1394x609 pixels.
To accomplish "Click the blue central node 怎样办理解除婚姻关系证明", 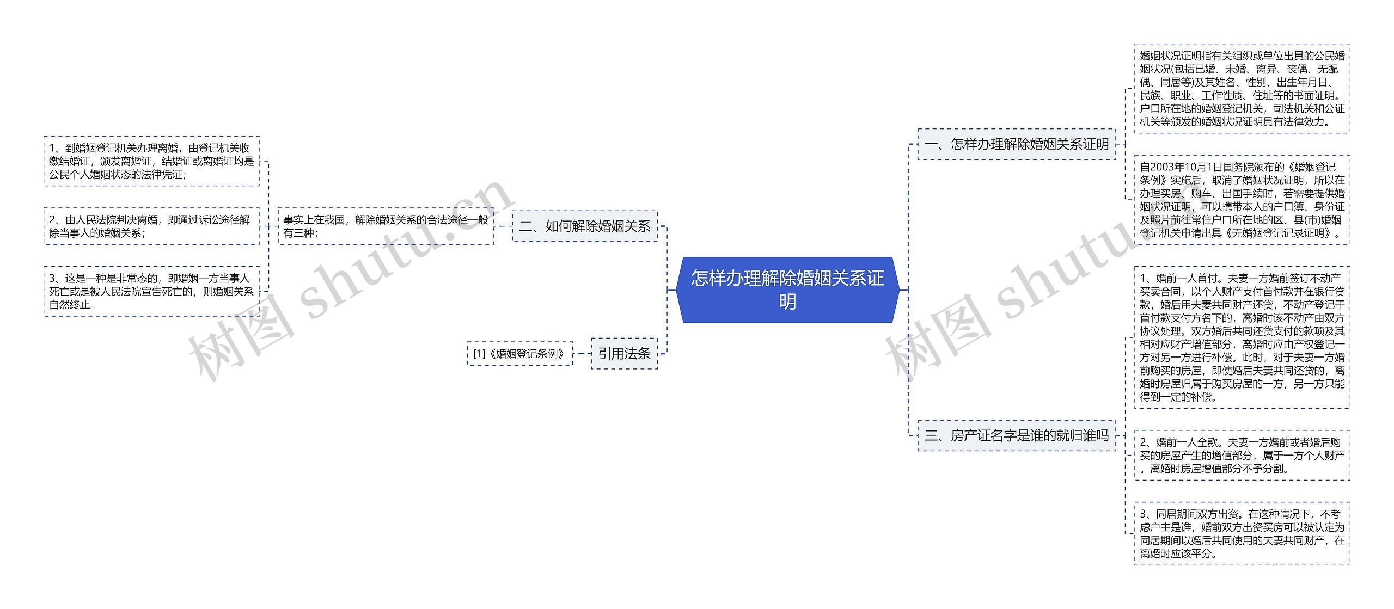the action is pyautogui.click(x=787, y=290).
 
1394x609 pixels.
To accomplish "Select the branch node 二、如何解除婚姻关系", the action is pyautogui.click(x=585, y=226).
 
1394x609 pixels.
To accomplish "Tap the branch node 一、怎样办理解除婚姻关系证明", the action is pyautogui.click(x=1017, y=144).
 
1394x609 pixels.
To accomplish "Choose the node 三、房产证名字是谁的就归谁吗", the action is pyautogui.click(x=1017, y=435).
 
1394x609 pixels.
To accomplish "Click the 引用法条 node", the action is pyautogui.click(x=624, y=354).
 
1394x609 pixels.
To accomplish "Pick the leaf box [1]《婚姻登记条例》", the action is pyautogui.click(x=519, y=354).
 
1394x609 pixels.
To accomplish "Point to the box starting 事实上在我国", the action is pyautogui.click(x=386, y=226).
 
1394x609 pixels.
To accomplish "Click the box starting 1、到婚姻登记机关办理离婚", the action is pyautogui.click(x=151, y=161).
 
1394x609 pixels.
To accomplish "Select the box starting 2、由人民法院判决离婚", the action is pyautogui.click(x=151, y=226).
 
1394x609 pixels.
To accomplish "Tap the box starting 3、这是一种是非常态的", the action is pyautogui.click(x=151, y=291).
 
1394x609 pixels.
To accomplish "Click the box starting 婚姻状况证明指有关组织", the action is pyautogui.click(x=1242, y=89).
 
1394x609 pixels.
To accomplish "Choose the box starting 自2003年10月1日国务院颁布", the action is pyautogui.click(x=1242, y=200).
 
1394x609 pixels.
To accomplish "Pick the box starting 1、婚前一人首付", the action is pyautogui.click(x=1242, y=337).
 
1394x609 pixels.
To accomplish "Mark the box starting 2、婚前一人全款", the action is pyautogui.click(x=1242, y=456).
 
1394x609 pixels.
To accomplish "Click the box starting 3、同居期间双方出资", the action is pyautogui.click(x=1242, y=533).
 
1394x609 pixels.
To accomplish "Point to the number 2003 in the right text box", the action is pyautogui.click(x=1161, y=167).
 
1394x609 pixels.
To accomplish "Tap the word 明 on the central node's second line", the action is pyautogui.click(x=787, y=302).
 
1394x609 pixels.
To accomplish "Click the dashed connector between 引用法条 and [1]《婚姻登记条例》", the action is pyautogui.click(x=582, y=354).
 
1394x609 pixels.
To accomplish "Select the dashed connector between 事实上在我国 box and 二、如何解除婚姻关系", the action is pyautogui.click(x=503, y=226).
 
